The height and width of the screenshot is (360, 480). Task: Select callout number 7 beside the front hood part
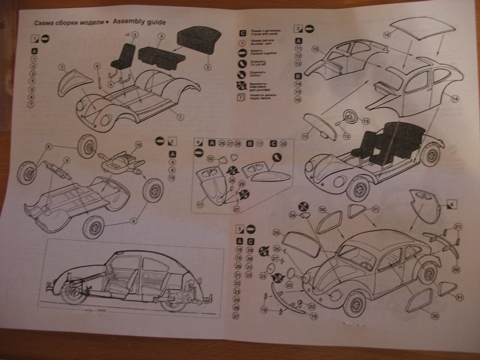[62, 66]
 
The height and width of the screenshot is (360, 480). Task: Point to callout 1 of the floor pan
[181, 117]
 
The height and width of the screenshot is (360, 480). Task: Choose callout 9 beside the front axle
[67, 160]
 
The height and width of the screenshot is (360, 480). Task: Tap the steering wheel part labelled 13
[351, 116]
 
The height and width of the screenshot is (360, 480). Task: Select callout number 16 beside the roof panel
[386, 35]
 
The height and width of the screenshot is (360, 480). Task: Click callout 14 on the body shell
[455, 98]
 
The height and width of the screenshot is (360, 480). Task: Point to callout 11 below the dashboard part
[304, 137]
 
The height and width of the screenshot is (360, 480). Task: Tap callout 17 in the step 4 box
[201, 204]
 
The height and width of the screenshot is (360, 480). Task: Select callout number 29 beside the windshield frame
[276, 232]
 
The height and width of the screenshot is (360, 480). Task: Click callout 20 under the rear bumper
[456, 269]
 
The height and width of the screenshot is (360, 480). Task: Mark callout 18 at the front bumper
[314, 316]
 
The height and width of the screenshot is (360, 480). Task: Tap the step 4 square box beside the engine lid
[450, 205]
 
